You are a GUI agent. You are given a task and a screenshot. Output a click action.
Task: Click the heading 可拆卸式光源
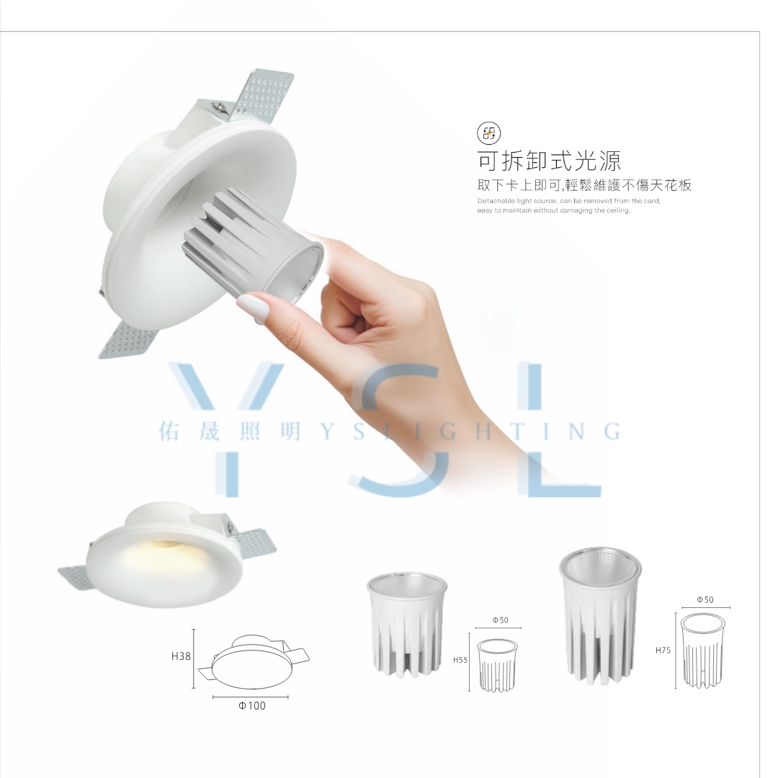549,160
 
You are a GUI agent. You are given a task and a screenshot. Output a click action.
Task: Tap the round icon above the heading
488,133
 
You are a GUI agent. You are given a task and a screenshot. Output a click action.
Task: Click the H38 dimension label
181,656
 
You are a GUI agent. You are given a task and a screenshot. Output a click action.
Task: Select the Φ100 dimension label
251,706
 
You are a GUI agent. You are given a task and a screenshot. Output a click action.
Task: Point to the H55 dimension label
461,659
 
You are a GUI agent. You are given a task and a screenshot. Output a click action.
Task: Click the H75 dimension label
663,650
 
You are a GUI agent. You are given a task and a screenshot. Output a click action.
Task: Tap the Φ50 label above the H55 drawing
501,620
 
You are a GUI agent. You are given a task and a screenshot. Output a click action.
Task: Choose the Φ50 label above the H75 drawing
705,599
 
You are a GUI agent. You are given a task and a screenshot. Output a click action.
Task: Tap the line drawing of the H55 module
498,664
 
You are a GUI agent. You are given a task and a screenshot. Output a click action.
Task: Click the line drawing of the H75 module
703,650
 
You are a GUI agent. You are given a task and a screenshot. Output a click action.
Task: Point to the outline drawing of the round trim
252,661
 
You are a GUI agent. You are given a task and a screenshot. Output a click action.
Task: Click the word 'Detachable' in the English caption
494,200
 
